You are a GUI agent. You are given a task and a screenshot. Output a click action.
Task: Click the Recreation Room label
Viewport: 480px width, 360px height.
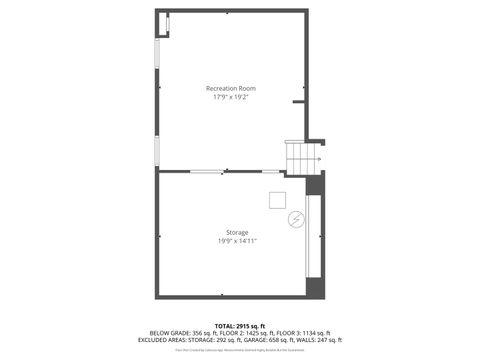[x=232, y=89]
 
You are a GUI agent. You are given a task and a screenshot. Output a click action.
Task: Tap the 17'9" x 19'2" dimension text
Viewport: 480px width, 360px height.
[x=232, y=98]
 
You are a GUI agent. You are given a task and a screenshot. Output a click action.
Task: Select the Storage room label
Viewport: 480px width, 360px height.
[x=236, y=232]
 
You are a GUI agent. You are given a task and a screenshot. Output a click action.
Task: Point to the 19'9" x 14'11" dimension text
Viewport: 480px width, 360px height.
[x=236, y=241]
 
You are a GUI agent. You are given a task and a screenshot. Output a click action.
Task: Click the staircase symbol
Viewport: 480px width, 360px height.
[x=300, y=156]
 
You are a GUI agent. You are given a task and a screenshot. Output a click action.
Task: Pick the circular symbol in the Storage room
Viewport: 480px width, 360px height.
[x=296, y=219]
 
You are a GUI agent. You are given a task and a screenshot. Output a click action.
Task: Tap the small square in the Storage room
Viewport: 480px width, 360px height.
[x=277, y=200]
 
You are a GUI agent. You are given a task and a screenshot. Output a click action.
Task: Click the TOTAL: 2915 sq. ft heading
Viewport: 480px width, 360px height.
[x=239, y=325]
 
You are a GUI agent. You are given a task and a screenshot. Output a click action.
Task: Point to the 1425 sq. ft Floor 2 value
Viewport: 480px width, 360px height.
[x=260, y=332]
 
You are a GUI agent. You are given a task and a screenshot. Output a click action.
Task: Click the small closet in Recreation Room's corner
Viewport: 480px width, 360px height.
[x=163, y=24]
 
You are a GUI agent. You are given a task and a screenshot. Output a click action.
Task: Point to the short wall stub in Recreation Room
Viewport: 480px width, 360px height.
[x=299, y=102]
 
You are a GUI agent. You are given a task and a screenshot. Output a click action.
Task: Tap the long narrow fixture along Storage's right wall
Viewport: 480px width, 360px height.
[x=311, y=236]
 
